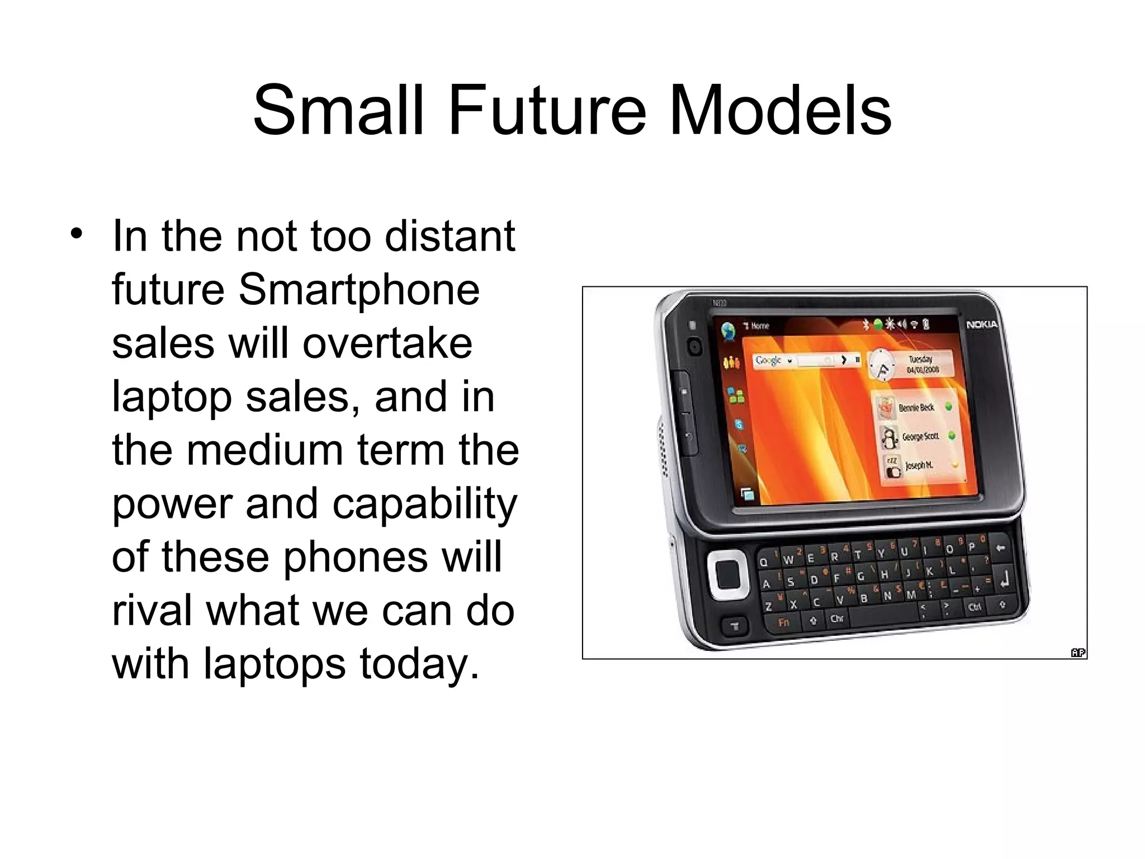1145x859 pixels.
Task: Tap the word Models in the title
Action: [779, 110]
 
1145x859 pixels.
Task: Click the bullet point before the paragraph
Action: [77, 234]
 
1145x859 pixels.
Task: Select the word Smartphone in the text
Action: [359, 290]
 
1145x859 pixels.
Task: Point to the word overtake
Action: [387, 343]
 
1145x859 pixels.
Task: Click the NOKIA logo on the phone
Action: [981, 324]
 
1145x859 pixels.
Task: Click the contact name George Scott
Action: [920, 436]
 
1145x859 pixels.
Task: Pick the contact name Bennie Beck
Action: [916, 408]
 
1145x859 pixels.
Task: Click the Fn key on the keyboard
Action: [784, 622]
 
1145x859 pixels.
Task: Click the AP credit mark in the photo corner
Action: [1077, 652]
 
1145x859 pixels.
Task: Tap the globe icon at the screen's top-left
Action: [728, 331]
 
